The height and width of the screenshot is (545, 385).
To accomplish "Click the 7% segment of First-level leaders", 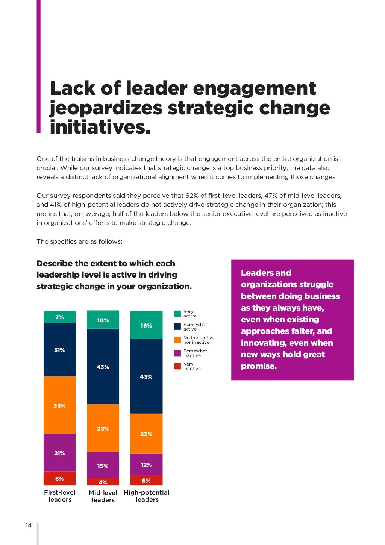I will click(59, 317).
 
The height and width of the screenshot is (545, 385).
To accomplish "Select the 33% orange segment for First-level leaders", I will click(59, 405).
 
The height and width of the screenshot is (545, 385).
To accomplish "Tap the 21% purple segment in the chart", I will click(59, 453).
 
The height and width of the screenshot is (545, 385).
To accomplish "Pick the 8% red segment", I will click(59, 478).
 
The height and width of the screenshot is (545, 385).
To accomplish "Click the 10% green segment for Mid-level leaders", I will click(103, 320).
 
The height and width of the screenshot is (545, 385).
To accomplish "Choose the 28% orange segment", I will click(103, 428).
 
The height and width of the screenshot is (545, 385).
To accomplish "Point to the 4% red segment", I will click(103, 482).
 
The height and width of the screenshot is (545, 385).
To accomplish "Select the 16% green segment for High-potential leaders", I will click(146, 325).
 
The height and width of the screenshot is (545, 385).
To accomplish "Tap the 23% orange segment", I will click(146, 434).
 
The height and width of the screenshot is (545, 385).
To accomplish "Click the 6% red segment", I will click(146, 480).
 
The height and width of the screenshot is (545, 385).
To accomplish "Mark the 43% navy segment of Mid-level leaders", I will click(103, 367).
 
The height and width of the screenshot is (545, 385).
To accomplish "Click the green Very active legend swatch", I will click(177, 314).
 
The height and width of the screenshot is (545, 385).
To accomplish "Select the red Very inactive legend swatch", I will click(177, 366).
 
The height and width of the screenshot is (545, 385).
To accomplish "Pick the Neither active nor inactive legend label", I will click(199, 340).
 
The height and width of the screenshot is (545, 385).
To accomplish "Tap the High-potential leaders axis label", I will click(147, 496).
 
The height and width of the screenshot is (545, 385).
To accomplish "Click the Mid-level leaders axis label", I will click(103, 496).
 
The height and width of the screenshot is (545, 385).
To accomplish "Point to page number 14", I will click(29, 525).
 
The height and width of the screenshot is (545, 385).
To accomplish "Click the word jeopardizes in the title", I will click(106, 108).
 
